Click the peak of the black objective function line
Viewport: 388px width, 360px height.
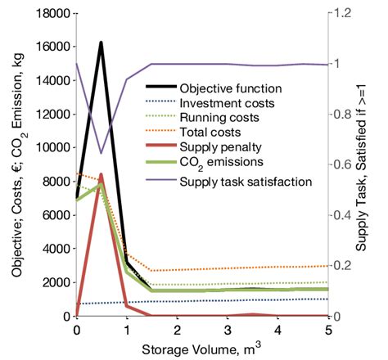(101, 43)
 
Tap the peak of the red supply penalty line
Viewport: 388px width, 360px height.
(101, 174)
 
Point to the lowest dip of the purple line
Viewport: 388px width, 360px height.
(101, 153)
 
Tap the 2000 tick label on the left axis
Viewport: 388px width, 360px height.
(54, 282)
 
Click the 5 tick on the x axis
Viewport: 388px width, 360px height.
(327, 329)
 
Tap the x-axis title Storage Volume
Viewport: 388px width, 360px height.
(201, 348)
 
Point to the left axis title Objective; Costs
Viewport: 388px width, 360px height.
(11, 164)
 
